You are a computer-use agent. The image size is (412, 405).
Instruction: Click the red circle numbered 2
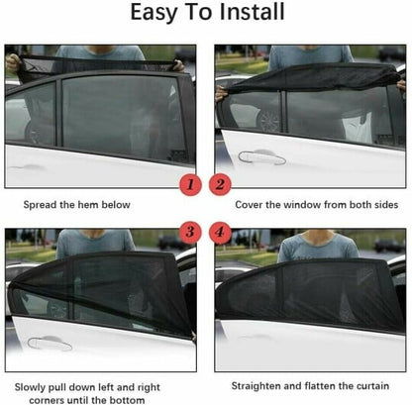coord(222,183)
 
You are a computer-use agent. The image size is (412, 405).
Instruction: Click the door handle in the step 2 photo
coord(261,156)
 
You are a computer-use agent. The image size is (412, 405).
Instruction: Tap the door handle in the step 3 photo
coord(50,343)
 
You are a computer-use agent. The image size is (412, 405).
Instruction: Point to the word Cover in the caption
coord(250,206)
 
